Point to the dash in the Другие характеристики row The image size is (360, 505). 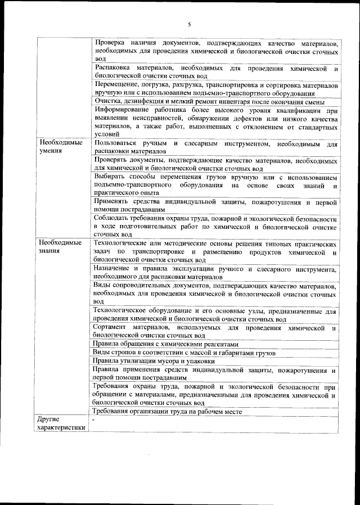[x=95, y=420]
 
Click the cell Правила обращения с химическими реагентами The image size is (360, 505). [x=166, y=344]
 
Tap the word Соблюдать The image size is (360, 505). [x=114, y=218]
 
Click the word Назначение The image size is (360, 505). [x=114, y=269]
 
